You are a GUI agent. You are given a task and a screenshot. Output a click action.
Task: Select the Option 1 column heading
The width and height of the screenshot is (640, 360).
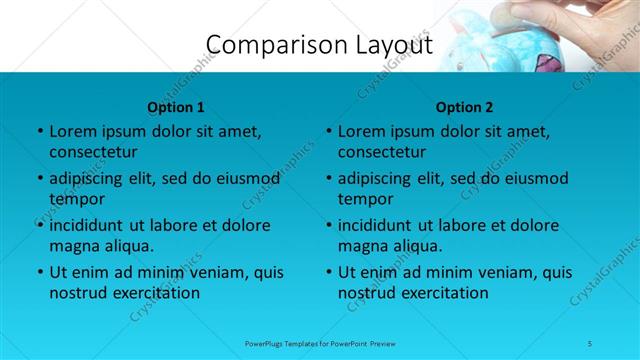(176, 107)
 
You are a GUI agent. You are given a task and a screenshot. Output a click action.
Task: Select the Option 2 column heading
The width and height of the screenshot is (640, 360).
(465, 107)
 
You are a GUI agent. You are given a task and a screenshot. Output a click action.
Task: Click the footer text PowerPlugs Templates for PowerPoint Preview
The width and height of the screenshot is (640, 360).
(319, 343)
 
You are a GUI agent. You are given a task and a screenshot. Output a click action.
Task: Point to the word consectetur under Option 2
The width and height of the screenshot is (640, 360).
(382, 152)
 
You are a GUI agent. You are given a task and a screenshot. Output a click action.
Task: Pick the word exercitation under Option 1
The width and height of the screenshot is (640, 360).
(155, 293)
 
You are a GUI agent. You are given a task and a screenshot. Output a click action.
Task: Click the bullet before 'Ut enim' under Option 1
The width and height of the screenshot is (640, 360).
(39, 272)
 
